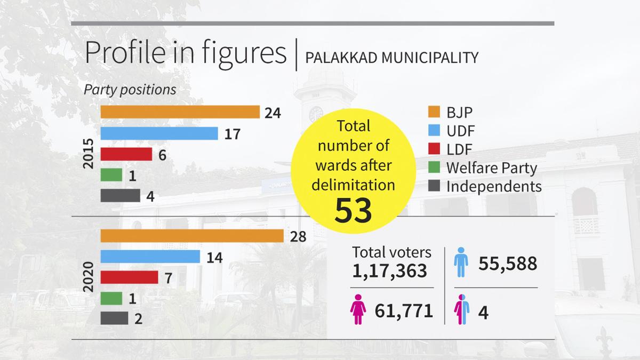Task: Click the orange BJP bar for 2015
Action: point(180,112)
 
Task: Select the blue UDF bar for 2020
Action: point(150,257)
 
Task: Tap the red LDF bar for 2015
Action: point(126,154)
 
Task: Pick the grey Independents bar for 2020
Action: point(114,318)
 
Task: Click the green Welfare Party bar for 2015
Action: point(111,175)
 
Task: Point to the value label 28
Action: point(299,237)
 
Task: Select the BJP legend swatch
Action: point(434,113)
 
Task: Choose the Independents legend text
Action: point(494,186)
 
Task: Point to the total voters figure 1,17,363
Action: point(389,271)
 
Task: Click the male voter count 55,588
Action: point(507,263)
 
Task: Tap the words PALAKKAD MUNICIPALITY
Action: point(391,57)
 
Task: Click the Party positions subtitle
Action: point(130,90)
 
